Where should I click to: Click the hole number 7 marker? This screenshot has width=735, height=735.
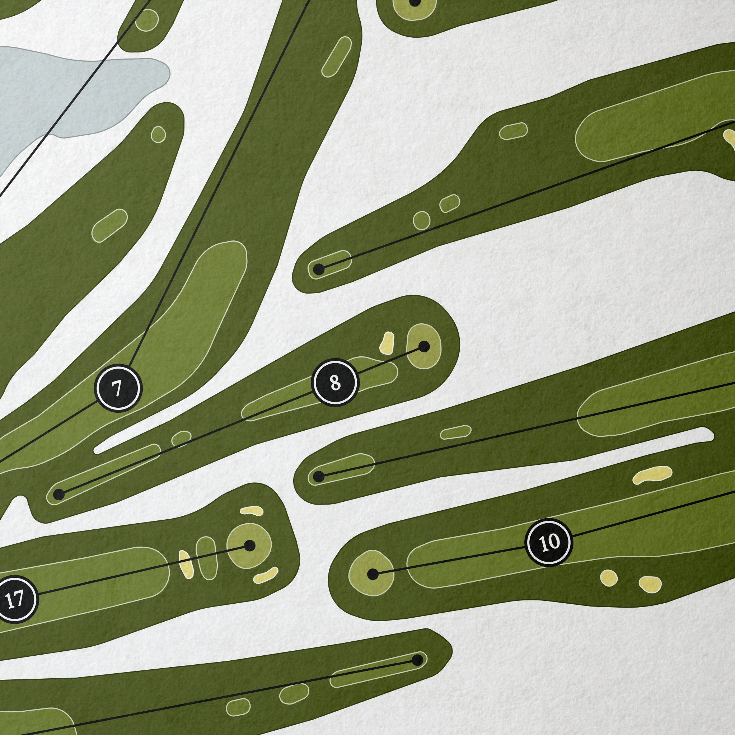pos(118,388)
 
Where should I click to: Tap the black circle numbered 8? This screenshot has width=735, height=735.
pos(335,383)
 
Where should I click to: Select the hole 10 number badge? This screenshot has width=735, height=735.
pos(549,542)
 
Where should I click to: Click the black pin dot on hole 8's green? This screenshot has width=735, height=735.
pos(424,347)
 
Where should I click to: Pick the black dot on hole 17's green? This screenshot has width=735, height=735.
pos(249,546)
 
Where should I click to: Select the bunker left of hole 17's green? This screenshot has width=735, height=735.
pos(186,565)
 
